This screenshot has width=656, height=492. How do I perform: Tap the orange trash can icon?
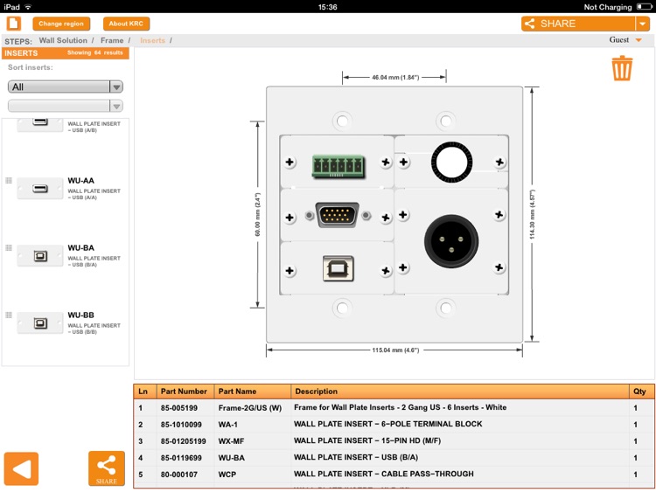click(x=622, y=68)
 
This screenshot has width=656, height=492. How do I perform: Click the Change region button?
click(x=61, y=24)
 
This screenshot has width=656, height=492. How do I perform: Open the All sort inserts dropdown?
click(x=66, y=87)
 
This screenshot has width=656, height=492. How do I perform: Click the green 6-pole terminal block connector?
click(x=337, y=163)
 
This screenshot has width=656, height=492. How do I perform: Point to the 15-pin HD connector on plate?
click(x=338, y=215)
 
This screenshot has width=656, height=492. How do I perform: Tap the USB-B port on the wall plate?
click(x=338, y=268)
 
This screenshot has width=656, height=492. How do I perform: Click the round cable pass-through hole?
click(x=448, y=162)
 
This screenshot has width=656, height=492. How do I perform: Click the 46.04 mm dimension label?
click(x=395, y=78)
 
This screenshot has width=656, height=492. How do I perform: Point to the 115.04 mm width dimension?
click(x=395, y=350)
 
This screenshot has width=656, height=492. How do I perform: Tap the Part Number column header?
click(x=184, y=392)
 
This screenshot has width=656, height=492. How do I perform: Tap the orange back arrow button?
click(x=22, y=469)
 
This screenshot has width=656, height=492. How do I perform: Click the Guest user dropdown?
click(x=625, y=40)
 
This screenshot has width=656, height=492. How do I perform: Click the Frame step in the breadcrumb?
click(x=112, y=40)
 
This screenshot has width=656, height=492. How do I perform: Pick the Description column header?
click(x=316, y=392)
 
